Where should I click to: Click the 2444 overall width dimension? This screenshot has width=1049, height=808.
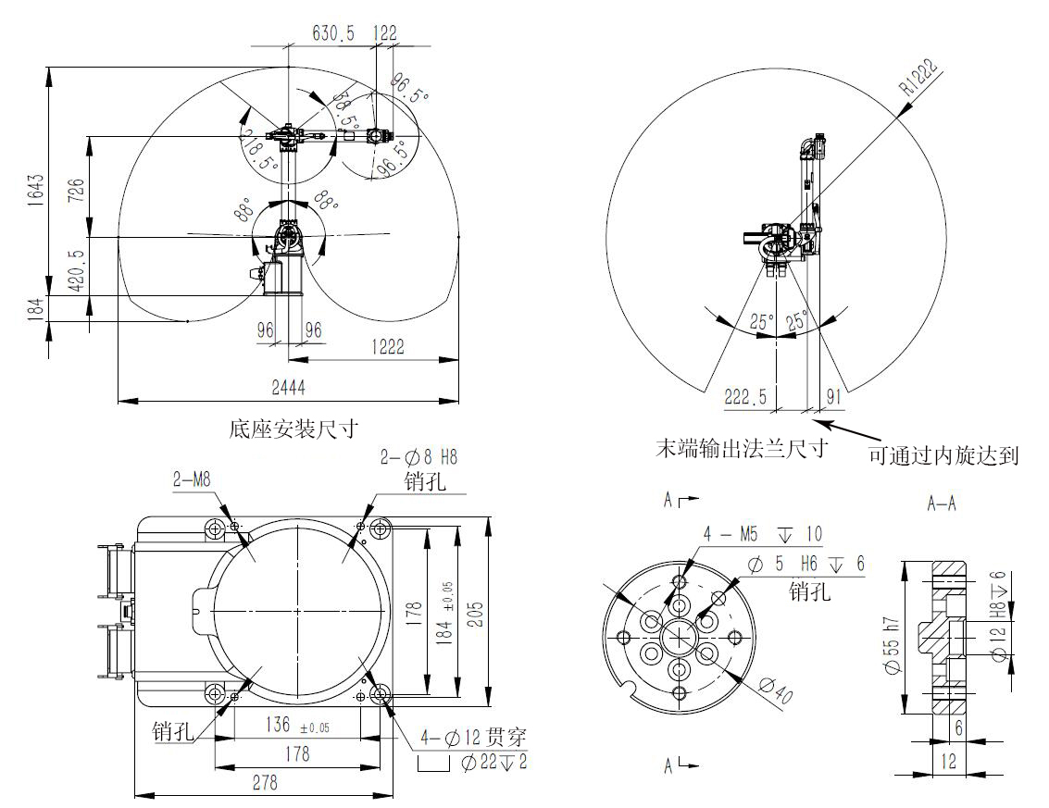[288, 387]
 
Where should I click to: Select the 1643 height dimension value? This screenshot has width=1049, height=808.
[35, 190]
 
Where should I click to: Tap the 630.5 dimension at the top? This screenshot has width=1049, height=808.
[333, 32]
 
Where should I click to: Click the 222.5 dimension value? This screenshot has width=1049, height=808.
[745, 397]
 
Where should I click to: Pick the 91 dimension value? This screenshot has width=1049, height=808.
[833, 397]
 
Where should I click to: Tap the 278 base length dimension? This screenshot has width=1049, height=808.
[265, 782]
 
